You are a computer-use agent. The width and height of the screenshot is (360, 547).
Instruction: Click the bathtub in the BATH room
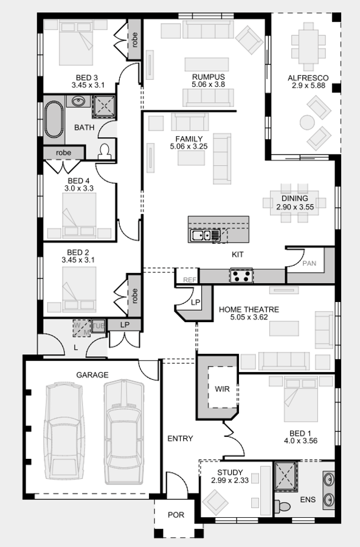pos(54,120)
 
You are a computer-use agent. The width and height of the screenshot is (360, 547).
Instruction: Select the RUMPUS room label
pos(208,77)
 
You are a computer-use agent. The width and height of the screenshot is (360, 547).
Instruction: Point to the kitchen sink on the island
pos(199,235)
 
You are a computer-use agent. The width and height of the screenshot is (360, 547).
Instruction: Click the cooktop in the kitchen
pos(241,277)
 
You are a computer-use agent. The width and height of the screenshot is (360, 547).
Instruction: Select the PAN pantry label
pos(310,263)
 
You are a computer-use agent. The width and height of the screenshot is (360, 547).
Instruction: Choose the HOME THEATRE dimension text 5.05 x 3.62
pos(249,318)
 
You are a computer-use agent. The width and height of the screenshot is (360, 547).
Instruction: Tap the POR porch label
pos(176,515)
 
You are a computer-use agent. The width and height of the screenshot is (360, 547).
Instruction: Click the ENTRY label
pos(180,438)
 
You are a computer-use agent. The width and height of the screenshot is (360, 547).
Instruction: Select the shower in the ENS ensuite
pos(285,476)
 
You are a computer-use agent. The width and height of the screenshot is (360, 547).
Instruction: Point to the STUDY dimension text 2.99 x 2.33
pos(227,481)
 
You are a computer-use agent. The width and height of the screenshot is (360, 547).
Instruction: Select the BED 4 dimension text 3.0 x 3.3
pos(79,189)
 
